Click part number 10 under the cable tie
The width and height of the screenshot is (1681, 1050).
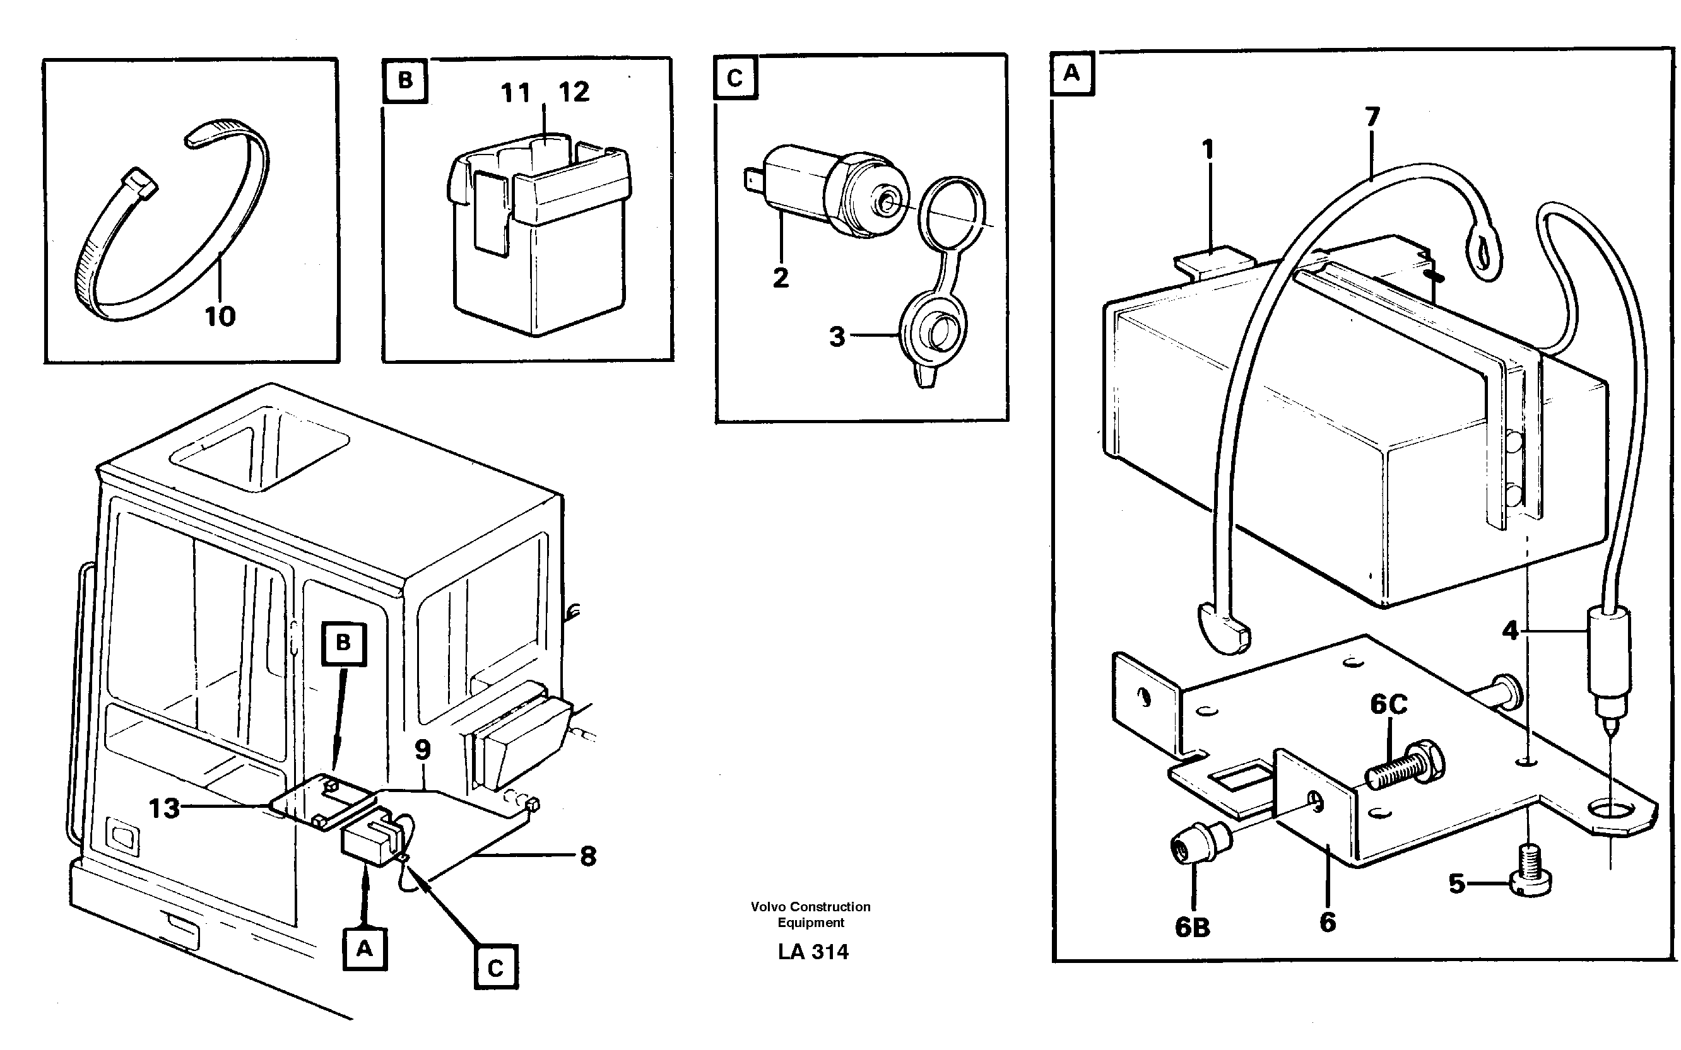click(220, 317)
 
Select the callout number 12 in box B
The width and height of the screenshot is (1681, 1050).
click(574, 91)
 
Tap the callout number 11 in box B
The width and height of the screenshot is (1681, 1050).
click(516, 92)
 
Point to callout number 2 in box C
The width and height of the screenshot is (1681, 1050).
click(781, 277)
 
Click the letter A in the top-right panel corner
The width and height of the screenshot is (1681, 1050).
click(1072, 73)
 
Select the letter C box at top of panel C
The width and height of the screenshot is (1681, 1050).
click(735, 78)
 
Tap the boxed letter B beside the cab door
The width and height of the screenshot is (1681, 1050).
click(343, 643)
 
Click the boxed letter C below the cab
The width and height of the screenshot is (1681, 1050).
click(495, 968)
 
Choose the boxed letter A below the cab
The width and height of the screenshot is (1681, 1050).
click(365, 948)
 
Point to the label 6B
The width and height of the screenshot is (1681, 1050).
click(1192, 927)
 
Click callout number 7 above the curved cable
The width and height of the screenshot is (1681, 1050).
click(1372, 117)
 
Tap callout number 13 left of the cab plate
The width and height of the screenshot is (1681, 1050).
click(165, 808)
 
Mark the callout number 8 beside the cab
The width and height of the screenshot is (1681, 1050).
click(587, 856)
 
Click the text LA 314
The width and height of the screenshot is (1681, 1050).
click(813, 952)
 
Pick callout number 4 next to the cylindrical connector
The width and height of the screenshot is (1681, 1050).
click(1510, 631)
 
